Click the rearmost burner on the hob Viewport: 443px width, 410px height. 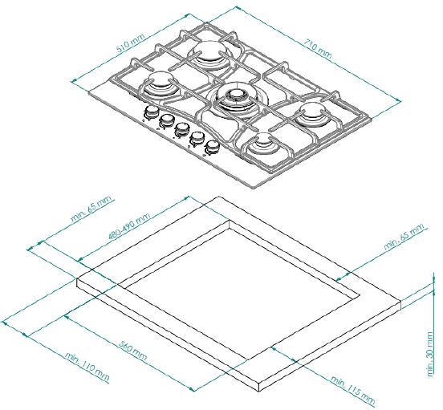point(210,56)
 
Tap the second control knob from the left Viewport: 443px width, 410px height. point(166,121)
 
